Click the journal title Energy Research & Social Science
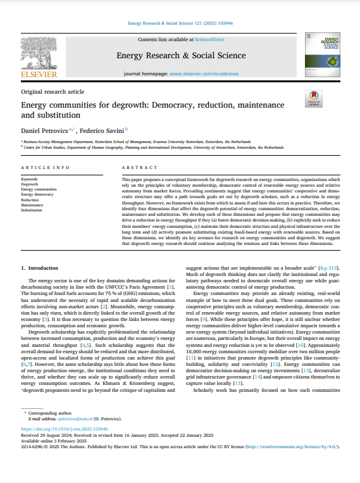click(x=180, y=55)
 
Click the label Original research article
click(x=53, y=92)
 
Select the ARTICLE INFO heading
click(x=42, y=167)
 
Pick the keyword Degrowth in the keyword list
click(x=30, y=184)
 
